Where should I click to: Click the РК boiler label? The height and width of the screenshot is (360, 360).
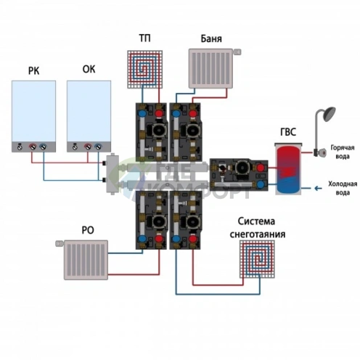pos(33,71)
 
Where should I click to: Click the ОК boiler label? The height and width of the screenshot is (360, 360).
pos(89,69)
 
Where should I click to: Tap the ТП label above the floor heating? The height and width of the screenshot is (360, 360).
pos(144,38)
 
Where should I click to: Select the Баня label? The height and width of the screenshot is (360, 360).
pos(211,38)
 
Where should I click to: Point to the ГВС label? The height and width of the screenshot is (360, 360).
pos(288,132)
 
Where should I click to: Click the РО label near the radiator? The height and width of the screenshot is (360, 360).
pos(88,230)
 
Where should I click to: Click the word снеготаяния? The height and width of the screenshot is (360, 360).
pos(258,234)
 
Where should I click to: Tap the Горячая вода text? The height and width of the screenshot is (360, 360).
pos(343,152)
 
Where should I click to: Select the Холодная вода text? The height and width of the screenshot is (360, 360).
pos(343,188)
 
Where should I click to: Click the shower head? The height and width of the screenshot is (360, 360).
pos(328,114)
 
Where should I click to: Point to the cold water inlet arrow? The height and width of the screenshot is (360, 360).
pos(318,188)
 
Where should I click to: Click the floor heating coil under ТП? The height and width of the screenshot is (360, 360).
pos(144,69)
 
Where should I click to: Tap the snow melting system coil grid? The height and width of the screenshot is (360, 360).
pos(257,259)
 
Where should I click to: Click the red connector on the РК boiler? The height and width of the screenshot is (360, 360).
pos(33,147)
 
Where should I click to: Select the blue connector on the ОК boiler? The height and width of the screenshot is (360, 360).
pos(98,147)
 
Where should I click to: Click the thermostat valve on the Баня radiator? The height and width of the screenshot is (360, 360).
pos(237,52)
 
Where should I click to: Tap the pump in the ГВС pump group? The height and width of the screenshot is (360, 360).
pos(242,167)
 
